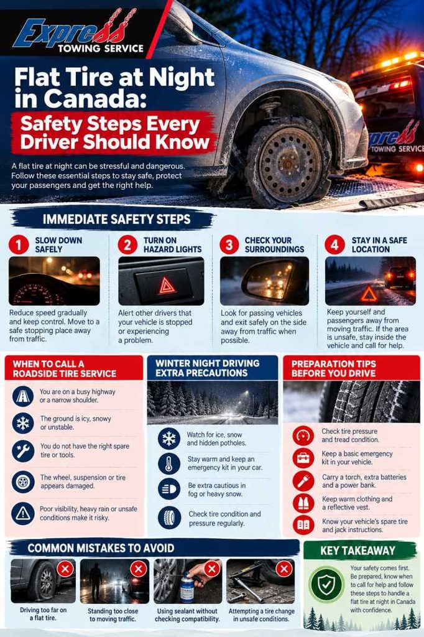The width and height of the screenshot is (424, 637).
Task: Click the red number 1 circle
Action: (x=19, y=245)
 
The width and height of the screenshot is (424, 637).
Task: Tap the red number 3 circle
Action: (x=229, y=245)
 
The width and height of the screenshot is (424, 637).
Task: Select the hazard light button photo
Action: (x=161, y=281)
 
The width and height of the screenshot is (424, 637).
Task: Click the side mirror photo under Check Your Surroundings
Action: (x=264, y=281)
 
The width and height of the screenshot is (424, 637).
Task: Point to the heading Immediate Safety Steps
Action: (x=116, y=220)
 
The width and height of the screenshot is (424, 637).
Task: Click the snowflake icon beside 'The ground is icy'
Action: (x=23, y=423)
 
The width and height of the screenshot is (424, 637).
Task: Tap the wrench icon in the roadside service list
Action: (x=23, y=450)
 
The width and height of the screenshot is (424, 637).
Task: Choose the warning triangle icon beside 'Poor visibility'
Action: (x=23, y=513)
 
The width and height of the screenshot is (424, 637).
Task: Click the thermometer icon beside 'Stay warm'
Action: (x=169, y=463)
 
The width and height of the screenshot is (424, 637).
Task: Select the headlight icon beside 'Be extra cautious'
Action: (x=169, y=489)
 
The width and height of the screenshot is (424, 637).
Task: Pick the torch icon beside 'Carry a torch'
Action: (x=303, y=481)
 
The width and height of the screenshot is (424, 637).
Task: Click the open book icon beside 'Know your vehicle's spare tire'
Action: (x=303, y=525)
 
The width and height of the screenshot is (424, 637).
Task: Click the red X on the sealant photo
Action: (x=211, y=569)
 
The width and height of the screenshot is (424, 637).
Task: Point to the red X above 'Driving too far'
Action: (x=65, y=569)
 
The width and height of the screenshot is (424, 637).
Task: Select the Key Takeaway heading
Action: (x=358, y=551)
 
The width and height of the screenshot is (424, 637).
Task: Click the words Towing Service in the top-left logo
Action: (x=101, y=49)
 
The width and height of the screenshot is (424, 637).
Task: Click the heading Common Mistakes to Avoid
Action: (x=101, y=548)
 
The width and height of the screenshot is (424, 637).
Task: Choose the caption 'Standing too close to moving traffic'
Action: (x=113, y=615)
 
